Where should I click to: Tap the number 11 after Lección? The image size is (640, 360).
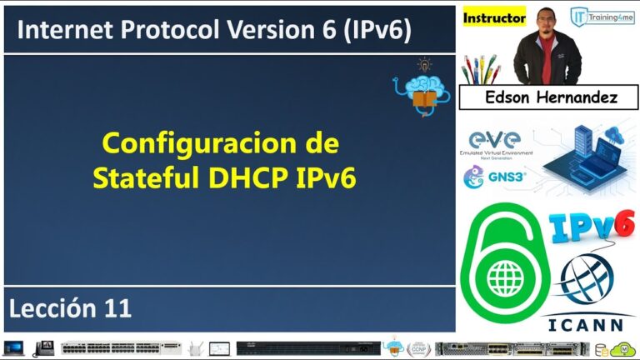[117, 309]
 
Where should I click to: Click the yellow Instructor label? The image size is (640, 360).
[494, 17]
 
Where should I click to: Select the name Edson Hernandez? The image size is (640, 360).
[551, 98]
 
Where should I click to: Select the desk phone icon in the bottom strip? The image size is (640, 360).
[44, 347]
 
